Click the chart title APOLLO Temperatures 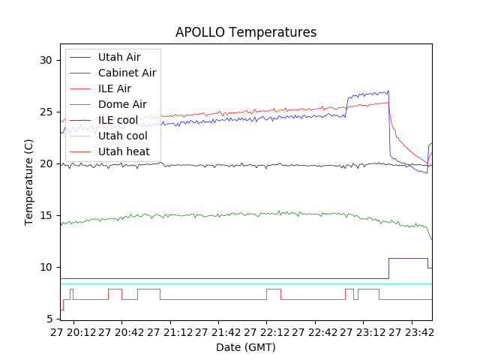coord(246,32)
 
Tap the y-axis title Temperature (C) coord(29,182)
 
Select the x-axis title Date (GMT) coord(246,347)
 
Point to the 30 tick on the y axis coord(46,60)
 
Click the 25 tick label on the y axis coord(46,112)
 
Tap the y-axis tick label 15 coord(46,215)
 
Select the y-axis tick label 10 coord(46,267)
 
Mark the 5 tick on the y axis coord(49,319)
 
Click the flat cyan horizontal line coord(225,283)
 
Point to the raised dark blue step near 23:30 coord(408,259)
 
